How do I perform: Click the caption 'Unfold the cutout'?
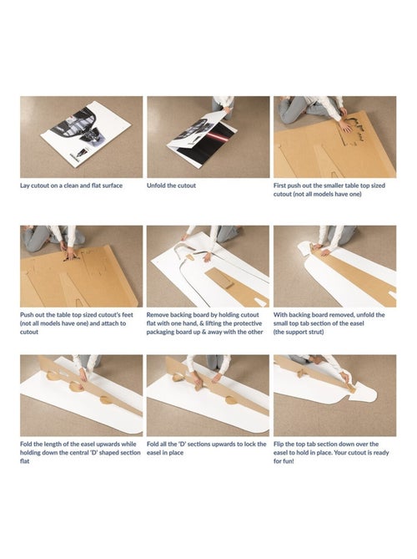[x=171, y=185]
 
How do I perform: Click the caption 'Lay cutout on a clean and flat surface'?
[x=71, y=185]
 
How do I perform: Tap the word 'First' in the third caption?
[x=279, y=185]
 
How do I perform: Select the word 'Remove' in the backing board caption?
[x=158, y=315]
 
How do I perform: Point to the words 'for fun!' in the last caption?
[x=284, y=461]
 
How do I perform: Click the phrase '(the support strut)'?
[x=299, y=332]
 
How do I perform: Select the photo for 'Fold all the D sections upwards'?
[x=208, y=395]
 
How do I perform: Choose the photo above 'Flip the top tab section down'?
[x=334, y=395]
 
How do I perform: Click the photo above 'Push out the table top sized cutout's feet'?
[x=81, y=266]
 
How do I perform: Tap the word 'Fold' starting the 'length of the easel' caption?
[x=26, y=445]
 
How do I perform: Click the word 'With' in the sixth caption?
[x=280, y=315]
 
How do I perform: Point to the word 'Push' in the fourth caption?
[x=27, y=315]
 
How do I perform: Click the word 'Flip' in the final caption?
[x=279, y=445]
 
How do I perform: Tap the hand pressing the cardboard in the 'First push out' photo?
[x=345, y=126]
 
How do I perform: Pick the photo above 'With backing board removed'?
[x=334, y=266]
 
